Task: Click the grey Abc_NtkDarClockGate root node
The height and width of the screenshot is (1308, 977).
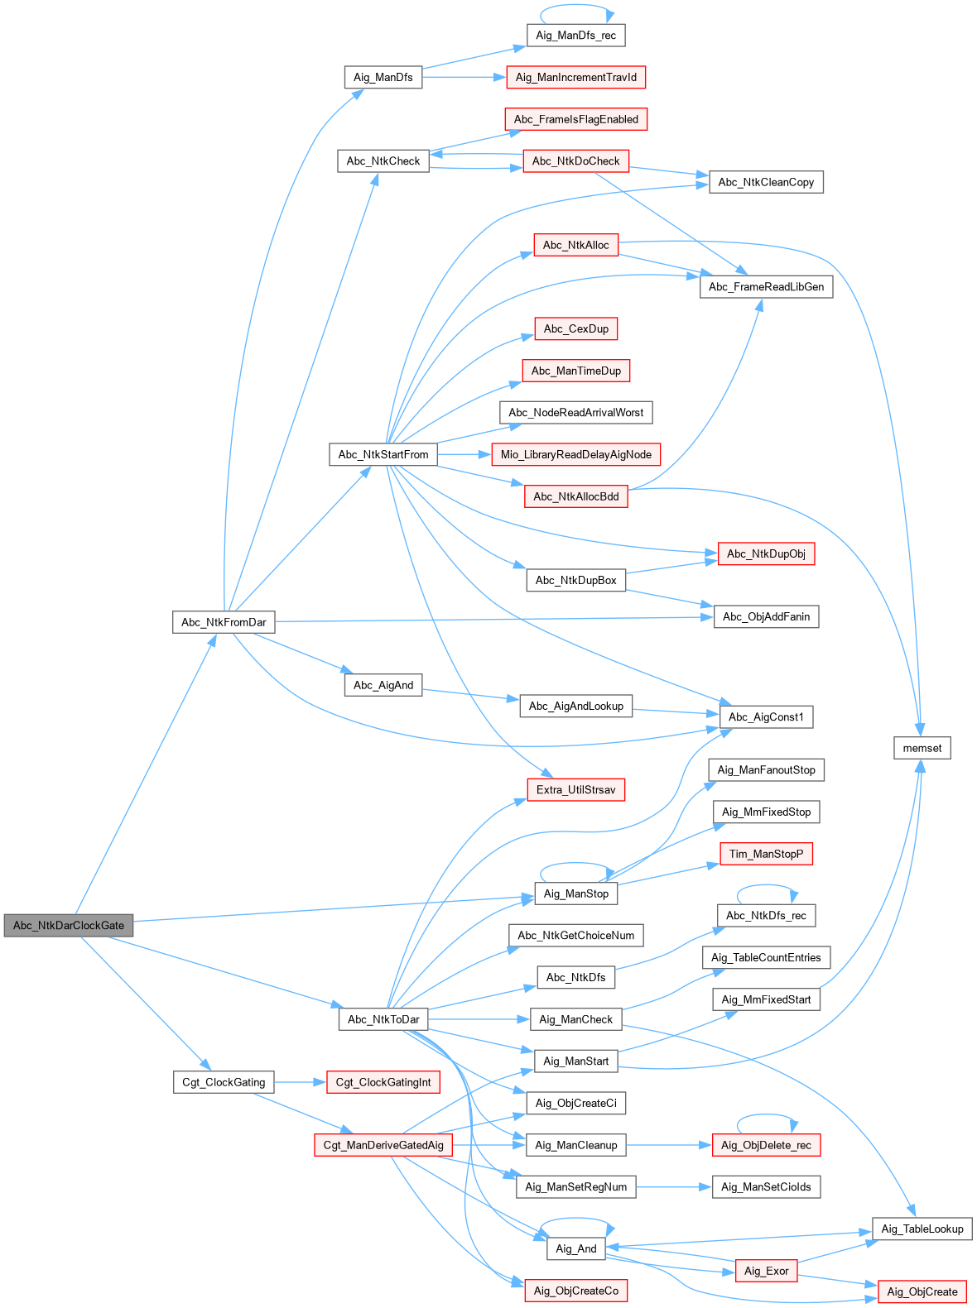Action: (69, 926)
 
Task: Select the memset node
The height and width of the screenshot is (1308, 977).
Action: (922, 748)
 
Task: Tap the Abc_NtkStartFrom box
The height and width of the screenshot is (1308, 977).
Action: (383, 454)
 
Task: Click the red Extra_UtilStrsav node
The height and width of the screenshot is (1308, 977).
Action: (575, 789)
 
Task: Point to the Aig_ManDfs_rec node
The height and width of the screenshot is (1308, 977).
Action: (575, 35)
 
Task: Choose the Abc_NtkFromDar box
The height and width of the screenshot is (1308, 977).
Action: (224, 622)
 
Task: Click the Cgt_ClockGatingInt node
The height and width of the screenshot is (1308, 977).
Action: (383, 1082)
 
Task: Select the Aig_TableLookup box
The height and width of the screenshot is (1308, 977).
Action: (922, 1229)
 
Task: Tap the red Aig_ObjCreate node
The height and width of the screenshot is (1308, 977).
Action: (922, 1291)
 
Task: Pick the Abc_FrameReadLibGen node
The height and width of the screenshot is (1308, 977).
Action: (766, 286)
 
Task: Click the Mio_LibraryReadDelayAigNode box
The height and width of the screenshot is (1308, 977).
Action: (575, 454)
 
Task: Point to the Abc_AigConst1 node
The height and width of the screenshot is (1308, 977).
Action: (766, 716)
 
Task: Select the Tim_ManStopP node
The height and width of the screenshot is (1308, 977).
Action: (766, 854)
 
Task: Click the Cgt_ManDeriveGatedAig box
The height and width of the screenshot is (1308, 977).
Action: (383, 1145)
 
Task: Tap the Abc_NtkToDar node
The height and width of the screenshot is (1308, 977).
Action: (383, 1019)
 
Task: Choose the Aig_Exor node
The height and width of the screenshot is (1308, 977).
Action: (766, 1271)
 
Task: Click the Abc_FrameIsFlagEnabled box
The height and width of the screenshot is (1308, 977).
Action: (575, 119)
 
